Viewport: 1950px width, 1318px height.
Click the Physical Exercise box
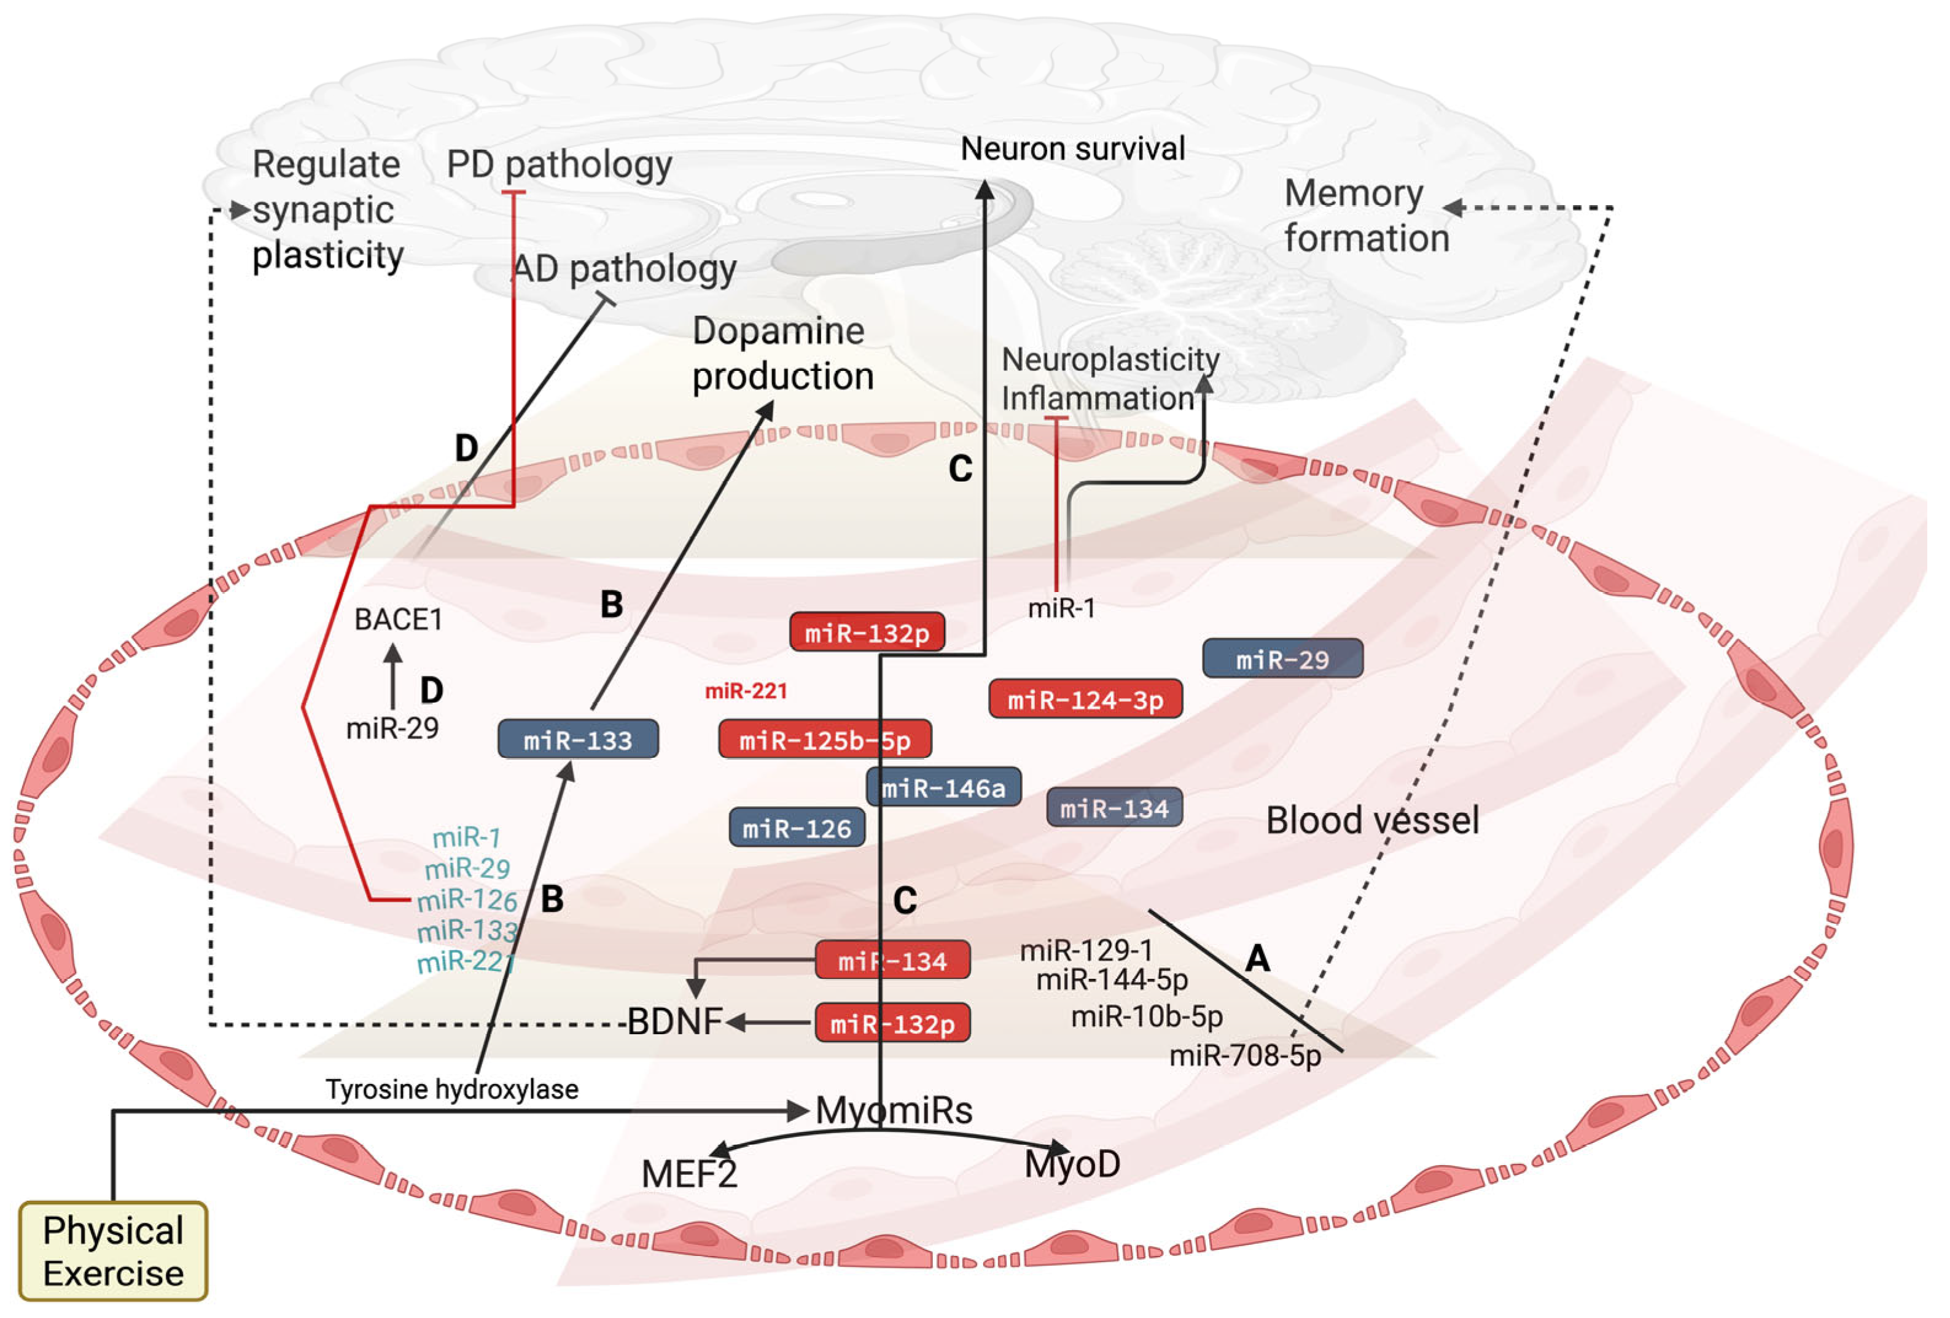click(113, 1251)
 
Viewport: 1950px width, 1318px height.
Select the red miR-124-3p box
click(1086, 699)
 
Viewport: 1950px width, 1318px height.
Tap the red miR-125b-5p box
click(825, 739)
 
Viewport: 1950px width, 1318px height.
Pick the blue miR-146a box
click(944, 787)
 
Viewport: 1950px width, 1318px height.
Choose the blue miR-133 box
click(578, 739)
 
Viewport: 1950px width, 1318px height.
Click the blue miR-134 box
click(1115, 807)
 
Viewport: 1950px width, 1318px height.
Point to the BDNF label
click(676, 1022)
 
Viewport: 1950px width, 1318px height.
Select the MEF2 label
click(690, 1174)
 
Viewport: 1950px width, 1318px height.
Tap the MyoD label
click(1072, 1164)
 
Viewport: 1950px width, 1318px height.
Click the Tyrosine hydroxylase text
click(452, 1089)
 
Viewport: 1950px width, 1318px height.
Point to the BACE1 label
click(399, 619)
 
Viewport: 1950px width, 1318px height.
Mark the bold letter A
click(1257, 957)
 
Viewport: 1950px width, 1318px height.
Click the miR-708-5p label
click(1245, 1055)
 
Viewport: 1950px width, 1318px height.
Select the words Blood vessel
click(1373, 820)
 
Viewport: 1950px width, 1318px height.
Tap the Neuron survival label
click(1073, 149)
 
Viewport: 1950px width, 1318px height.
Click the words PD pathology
click(560, 165)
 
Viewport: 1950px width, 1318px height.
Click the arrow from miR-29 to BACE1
click(392, 677)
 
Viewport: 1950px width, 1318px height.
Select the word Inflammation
click(1098, 397)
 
